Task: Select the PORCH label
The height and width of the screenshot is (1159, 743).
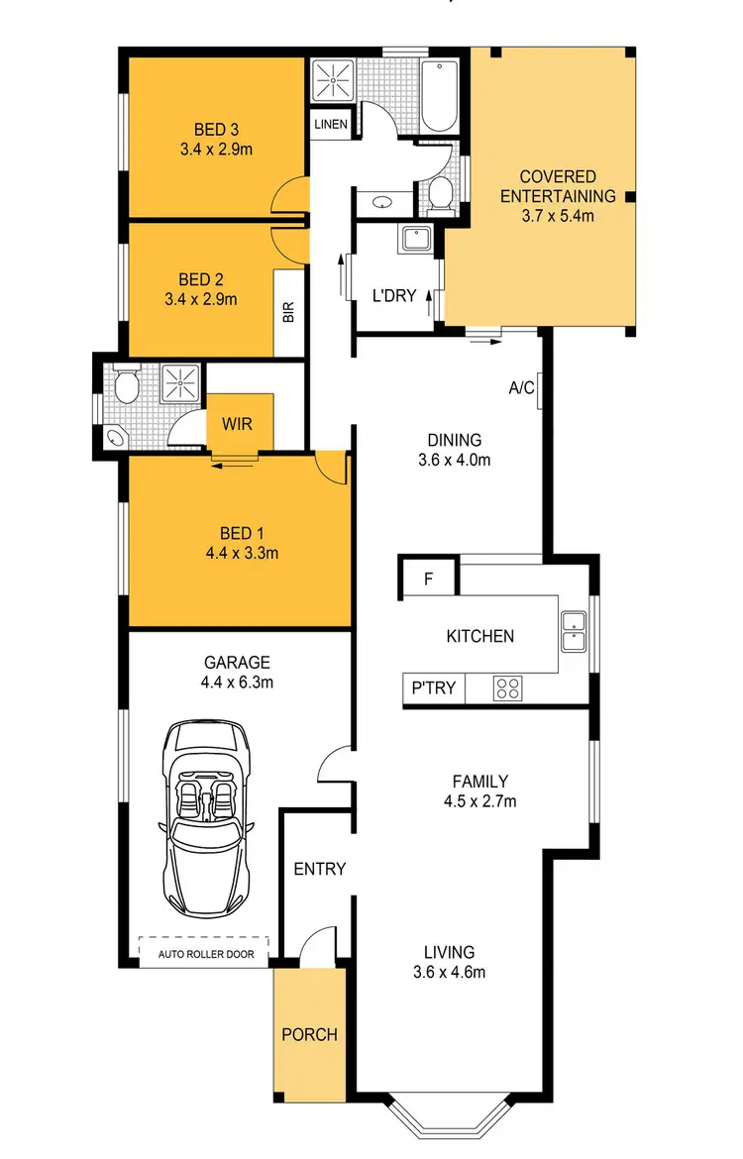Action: tap(309, 1035)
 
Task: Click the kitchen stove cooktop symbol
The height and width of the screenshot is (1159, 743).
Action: tap(509, 686)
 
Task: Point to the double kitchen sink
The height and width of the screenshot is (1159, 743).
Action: tap(573, 632)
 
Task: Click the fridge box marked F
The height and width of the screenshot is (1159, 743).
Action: tap(428, 579)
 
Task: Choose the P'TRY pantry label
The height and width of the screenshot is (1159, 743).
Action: tap(432, 686)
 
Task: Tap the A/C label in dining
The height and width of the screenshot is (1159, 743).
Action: tap(522, 388)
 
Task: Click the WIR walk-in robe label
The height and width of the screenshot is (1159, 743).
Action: tap(237, 424)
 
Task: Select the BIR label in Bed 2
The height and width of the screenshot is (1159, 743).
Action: tap(289, 313)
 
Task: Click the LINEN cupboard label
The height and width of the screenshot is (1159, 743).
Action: tap(330, 125)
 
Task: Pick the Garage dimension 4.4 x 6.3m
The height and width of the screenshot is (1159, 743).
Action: tap(238, 682)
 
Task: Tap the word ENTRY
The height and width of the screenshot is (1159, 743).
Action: tap(320, 869)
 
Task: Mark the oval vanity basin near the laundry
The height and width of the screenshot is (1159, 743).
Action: tap(382, 203)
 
